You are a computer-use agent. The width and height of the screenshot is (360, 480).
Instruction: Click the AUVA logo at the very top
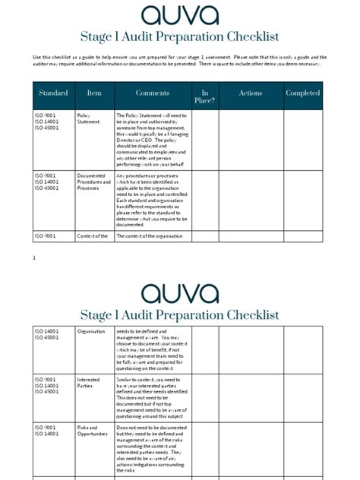pyautogui.click(x=179, y=14)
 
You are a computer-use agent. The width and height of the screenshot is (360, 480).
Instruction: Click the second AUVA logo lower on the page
pyautogui.click(x=179, y=292)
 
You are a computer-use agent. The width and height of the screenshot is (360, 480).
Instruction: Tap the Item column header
pyautogui.click(x=94, y=93)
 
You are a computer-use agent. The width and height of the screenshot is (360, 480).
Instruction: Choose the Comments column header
pyautogui.click(x=153, y=93)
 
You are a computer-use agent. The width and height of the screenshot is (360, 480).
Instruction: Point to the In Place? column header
pyautogui.click(x=204, y=96)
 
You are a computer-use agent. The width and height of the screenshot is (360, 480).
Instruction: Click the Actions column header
pyautogui.click(x=251, y=93)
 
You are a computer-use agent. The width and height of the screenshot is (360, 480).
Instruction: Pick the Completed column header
pyautogui.click(x=302, y=93)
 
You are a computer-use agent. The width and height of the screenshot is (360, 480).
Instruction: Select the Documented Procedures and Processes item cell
pyautogui.click(x=93, y=182)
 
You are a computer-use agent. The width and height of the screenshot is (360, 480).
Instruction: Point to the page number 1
pyautogui.click(x=34, y=258)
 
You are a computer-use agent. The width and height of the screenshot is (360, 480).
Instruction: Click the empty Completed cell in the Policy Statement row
pyautogui.click(x=302, y=140)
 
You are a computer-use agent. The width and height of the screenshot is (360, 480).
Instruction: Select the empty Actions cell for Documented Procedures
pyautogui.click(x=251, y=200)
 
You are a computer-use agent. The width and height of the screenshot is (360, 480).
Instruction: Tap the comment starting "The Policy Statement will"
pyautogui.click(x=152, y=140)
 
